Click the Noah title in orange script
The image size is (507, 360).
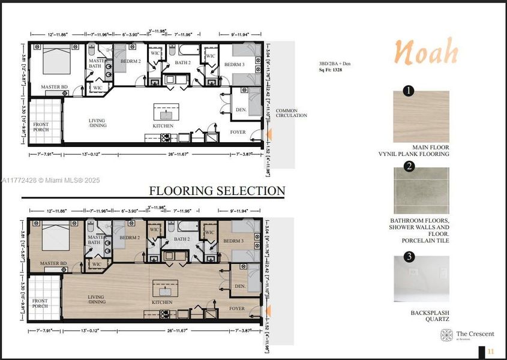(427, 52)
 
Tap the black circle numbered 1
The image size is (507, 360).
(409, 91)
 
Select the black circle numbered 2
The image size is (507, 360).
(409, 167)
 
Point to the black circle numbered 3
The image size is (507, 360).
(409, 257)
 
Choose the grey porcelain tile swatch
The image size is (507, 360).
(421, 190)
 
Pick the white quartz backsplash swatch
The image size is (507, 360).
(421, 279)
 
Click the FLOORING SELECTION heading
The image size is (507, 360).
(217, 191)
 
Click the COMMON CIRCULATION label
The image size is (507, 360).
(291, 113)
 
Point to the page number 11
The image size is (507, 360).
(491, 351)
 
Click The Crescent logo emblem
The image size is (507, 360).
(446, 335)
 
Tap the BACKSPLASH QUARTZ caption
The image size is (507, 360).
(430, 316)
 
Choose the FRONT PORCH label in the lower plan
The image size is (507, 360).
(40, 303)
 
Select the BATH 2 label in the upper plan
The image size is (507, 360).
(182, 62)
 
